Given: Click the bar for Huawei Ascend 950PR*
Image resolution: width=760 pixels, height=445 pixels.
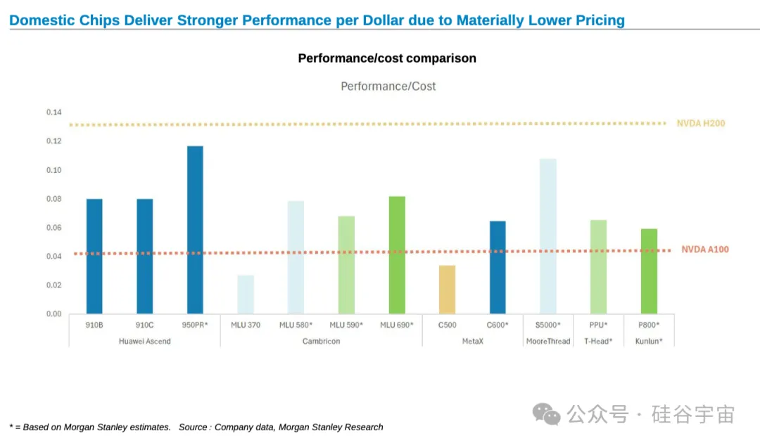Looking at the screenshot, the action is pos(196,230).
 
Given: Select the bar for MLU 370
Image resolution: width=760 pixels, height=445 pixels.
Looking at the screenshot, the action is pos(246,295).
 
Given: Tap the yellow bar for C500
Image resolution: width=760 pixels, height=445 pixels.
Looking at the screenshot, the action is pos(447,290).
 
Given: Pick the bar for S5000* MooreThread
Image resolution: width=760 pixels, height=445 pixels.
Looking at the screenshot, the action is pos(548,236).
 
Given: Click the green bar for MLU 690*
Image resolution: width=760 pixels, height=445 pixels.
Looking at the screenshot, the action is pos(397,255).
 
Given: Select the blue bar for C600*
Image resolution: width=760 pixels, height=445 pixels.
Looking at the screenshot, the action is pos(498,267).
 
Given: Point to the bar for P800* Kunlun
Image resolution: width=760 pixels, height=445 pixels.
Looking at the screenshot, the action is pos(649,271).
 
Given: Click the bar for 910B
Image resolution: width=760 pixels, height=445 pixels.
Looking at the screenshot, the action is pos(94,256).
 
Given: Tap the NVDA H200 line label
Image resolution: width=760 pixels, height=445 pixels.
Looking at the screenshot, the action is pos(701,124).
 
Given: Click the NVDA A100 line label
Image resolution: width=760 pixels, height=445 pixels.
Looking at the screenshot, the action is pos(704,250).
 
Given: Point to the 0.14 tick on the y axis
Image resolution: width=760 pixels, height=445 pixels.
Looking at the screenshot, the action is pos(53,112).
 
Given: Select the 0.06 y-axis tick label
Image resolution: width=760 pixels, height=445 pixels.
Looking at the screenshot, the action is pos(53,228).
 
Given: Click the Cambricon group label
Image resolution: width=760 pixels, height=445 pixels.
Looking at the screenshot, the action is pos(322,342).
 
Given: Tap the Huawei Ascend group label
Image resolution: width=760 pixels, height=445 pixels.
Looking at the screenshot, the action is pos(145,342).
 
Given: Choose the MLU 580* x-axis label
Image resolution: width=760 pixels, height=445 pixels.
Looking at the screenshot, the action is pos(296,325).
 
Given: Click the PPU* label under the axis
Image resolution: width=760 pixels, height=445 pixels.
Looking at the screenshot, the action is pos(598,325).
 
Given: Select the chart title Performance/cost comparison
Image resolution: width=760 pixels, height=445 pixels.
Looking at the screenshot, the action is pos(387,58).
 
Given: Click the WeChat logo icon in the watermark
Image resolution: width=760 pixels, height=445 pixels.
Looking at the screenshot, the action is pos(546,415).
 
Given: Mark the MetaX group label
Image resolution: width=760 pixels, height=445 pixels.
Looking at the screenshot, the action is pos(473,342).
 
